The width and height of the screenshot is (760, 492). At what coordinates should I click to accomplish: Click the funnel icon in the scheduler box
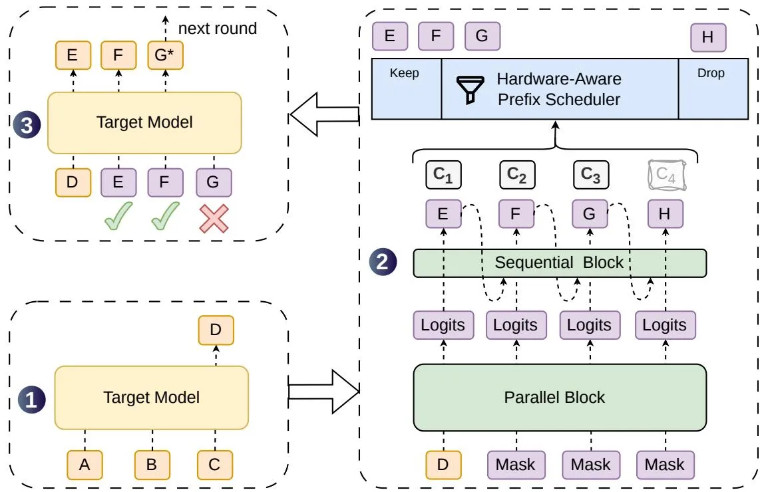[470, 90]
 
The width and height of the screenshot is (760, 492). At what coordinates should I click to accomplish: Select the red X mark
[214, 218]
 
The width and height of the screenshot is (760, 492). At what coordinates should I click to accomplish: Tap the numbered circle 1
[31, 400]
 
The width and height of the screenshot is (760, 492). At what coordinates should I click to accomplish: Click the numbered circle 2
[383, 262]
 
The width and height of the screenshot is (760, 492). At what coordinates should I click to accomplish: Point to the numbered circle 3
[26, 125]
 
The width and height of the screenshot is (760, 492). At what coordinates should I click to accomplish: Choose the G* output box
[165, 55]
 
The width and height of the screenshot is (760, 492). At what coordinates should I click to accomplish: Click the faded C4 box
[666, 175]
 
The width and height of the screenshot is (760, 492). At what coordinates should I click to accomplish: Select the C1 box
[443, 175]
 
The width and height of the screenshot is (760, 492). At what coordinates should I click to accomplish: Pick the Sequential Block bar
[560, 263]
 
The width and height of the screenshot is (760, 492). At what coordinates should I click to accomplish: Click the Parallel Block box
[560, 398]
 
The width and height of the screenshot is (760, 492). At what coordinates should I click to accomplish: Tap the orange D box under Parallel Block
[443, 465]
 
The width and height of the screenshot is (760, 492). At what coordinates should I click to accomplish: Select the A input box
[85, 465]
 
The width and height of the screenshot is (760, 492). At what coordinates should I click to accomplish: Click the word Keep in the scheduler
[404, 73]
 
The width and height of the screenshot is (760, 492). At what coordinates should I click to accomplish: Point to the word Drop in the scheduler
[711, 73]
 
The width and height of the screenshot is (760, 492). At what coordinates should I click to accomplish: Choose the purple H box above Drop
[708, 37]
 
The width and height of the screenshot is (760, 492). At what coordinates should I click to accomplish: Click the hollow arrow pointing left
[324, 114]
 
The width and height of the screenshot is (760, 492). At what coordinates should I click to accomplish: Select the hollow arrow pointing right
[324, 392]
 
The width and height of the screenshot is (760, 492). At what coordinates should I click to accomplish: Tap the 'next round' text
[218, 29]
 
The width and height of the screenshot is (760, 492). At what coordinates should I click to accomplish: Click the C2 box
[517, 175]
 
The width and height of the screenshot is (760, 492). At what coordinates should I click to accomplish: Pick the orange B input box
[152, 465]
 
